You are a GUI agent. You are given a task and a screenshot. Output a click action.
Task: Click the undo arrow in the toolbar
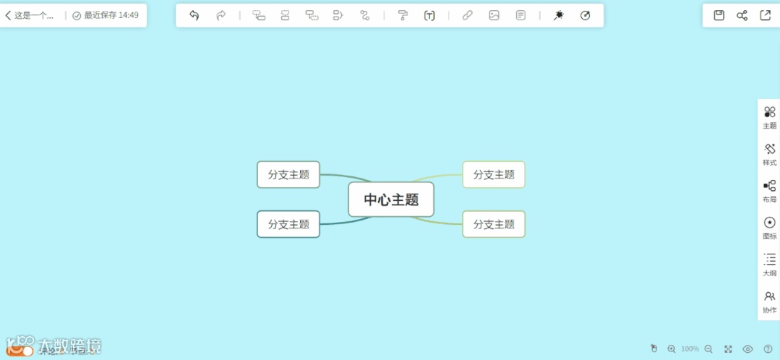(194, 15)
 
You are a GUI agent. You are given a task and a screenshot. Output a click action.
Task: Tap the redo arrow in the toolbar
(221, 15)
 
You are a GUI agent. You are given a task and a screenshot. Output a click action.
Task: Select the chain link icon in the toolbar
(467, 15)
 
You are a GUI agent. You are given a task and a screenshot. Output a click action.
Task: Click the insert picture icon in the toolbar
(494, 15)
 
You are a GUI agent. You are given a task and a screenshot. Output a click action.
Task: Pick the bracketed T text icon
(429, 15)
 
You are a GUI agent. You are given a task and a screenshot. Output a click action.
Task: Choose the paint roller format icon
(403, 15)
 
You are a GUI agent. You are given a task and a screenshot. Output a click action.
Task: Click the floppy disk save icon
(719, 15)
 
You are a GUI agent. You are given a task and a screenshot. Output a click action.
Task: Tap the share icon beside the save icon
(742, 15)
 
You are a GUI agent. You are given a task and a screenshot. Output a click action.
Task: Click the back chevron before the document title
(8, 15)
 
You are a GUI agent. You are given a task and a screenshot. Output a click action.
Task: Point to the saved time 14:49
(129, 15)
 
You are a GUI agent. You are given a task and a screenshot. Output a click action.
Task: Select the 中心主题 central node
(391, 200)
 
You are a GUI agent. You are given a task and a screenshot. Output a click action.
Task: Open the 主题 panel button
(769, 116)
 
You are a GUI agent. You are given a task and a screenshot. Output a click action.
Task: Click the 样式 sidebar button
(769, 153)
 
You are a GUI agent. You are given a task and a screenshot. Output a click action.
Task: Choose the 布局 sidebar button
(769, 190)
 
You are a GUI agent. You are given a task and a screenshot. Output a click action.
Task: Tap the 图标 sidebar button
(769, 227)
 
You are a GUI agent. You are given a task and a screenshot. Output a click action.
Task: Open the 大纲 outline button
(769, 264)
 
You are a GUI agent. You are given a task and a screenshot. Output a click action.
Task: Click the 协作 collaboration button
(769, 301)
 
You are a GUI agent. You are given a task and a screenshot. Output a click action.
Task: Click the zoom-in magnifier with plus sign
(672, 348)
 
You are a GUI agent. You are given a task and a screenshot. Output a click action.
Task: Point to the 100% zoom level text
(690, 349)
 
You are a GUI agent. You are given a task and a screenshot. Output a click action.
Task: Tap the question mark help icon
(768, 348)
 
